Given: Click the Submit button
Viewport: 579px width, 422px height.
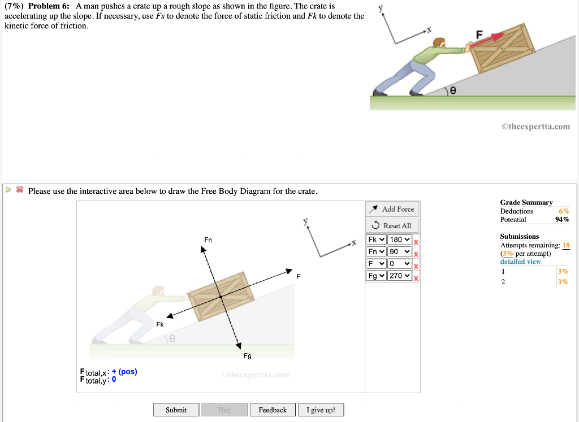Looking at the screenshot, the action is click(176, 410).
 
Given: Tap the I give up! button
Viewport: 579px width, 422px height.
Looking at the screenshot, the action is click(321, 410).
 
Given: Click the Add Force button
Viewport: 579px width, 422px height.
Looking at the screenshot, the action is click(392, 209).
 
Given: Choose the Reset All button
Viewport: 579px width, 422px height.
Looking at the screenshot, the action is click(392, 225).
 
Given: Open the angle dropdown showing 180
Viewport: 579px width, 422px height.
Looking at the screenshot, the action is click(400, 240).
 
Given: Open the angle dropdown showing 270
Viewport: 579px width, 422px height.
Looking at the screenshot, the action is click(400, 276).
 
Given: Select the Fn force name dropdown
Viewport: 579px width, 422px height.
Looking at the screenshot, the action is click(376, 251).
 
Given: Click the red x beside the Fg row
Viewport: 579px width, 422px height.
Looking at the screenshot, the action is click(416, 278).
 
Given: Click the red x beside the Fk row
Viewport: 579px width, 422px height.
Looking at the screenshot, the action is click(416, 242).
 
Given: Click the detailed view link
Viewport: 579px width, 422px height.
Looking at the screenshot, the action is click(520, 262).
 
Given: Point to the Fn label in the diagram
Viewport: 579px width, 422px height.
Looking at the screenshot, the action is click(208, 240).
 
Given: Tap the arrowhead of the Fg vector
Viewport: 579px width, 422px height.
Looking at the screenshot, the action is click(239, 346).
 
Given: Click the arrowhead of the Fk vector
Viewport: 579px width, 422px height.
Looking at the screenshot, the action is click(170, 316).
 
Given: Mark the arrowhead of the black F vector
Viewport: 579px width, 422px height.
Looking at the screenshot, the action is click(289, 271).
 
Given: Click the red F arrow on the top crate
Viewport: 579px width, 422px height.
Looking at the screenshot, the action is click(487, 40).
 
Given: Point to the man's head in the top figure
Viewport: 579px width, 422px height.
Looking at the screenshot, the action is click(439, 43).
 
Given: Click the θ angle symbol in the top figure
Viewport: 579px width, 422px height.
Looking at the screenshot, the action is click(453, 90).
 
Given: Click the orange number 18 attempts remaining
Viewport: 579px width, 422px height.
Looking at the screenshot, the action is click(565, 245).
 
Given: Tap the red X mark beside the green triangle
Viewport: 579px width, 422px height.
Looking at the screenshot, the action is click(20, 190).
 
